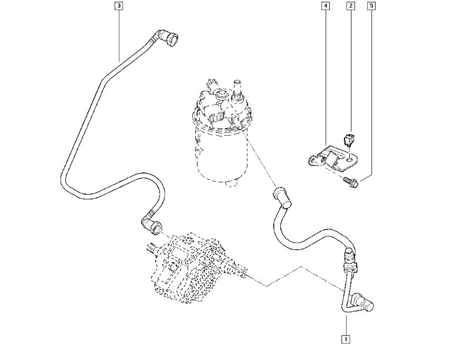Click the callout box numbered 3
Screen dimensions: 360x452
point(119,6)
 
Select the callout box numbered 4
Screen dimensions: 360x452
point(325,6)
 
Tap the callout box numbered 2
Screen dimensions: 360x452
point(350,6)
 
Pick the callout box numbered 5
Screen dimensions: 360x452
point(371,6)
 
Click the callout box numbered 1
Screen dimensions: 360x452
point(346,339)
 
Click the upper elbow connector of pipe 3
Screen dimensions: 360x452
point(172,39)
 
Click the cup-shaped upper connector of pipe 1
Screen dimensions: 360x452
point(280,196)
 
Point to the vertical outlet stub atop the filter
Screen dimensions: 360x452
point(238,88)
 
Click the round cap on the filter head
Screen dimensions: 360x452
point(223,94)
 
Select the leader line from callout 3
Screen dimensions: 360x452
point(119,32)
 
